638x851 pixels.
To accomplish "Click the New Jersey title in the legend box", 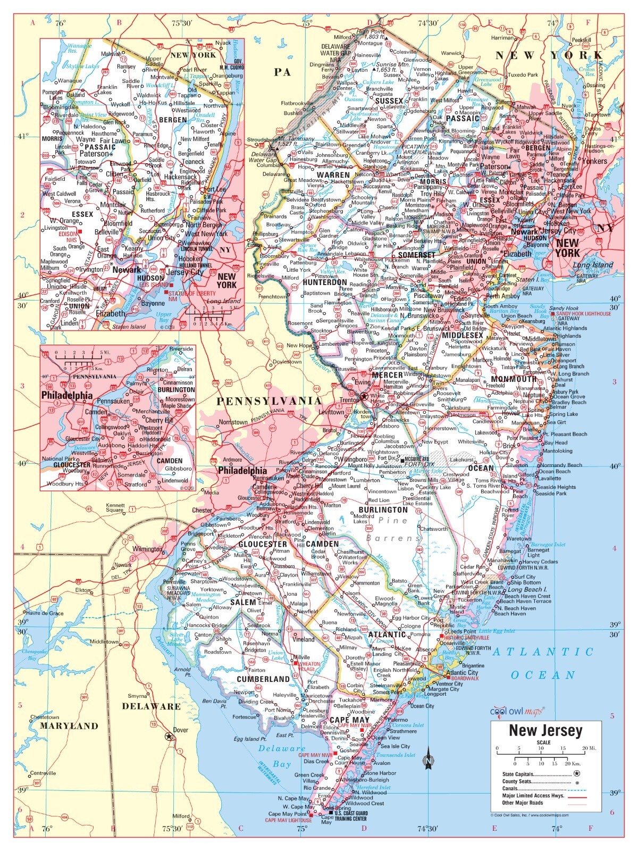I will pyautogui.click(x=545, y=730).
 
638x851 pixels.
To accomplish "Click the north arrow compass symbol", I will pyautogui.click(x=427, y=761).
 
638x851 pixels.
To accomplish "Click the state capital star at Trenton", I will pyautogui.click(x=364, y=396).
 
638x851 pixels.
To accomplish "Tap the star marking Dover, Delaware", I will pyautogui.click(x=169, y=737).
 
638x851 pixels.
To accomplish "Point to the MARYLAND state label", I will pyautogui.click(x=70, y=725).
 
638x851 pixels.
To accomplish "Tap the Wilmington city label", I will pyautogui.click(x=147, y=549).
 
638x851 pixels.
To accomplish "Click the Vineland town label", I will pyautogui.click(x=304, y=639).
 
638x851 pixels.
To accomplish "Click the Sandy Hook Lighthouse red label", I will pyautogui.click(x=584, y=314).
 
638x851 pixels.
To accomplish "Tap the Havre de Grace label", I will pyautogui.click(x=45, y=613).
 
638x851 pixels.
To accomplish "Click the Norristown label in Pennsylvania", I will pyautogui.click(x=233, y=422).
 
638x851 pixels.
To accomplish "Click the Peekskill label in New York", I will pyautogui.click(x=581, y=40).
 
